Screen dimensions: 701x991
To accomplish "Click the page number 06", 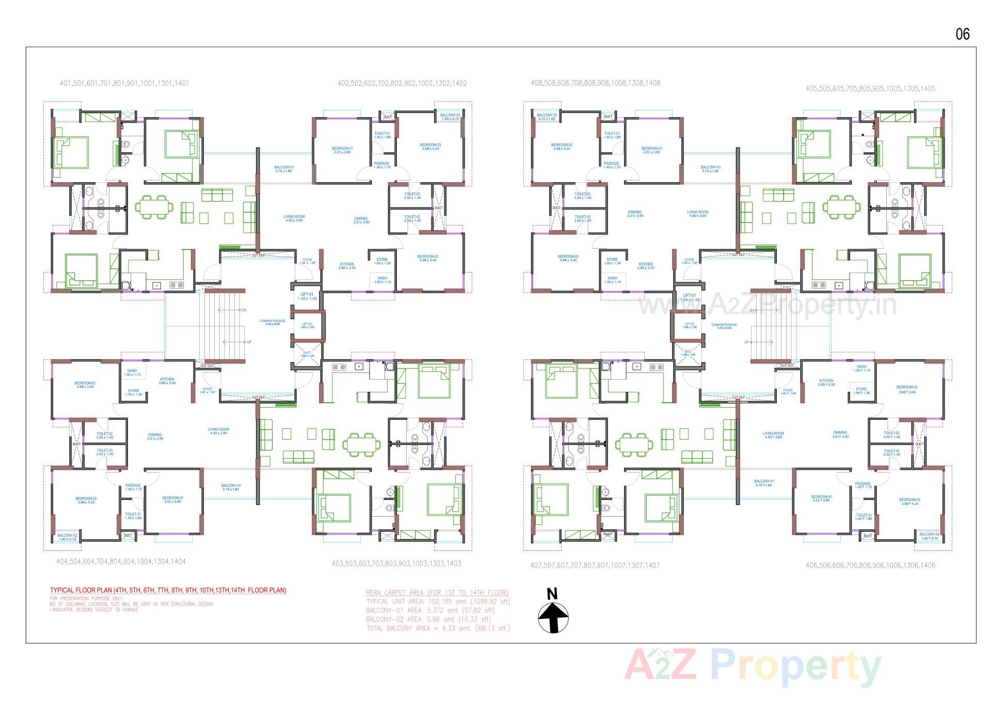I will pyautogui.click(x=963, y=34).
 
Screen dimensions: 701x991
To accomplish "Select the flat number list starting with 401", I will pyautogui.click(x=124, y=83).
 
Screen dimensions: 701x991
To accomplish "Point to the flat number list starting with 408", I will pyautogui.click(x=595, y=83).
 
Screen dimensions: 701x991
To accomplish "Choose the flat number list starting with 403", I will pyautogui.click(x=396, y=564).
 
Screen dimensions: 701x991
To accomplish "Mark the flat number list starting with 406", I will pyautogui.click(x=870, y=565).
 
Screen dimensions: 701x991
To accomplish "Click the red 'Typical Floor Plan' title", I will pyautogui.click(x=168, y=590).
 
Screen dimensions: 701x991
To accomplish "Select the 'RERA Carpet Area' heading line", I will pyautogui.click(x=437, y=593).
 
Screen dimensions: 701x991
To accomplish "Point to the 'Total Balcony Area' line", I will pyautogui.click(x=438, y=628).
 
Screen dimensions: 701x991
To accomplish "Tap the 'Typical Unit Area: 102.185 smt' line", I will pyautogui.click(x=438, y=601).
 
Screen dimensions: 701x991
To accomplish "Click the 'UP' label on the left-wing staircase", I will pyautogui.click(x=249, y=342).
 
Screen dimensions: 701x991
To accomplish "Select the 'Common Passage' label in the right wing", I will pyautogui.click(x=724, y=325).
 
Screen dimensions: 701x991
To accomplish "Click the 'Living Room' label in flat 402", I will pyautogui.click(x=294, y=218).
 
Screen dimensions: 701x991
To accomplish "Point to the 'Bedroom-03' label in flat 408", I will pyautogui.click(x=562, y=146).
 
